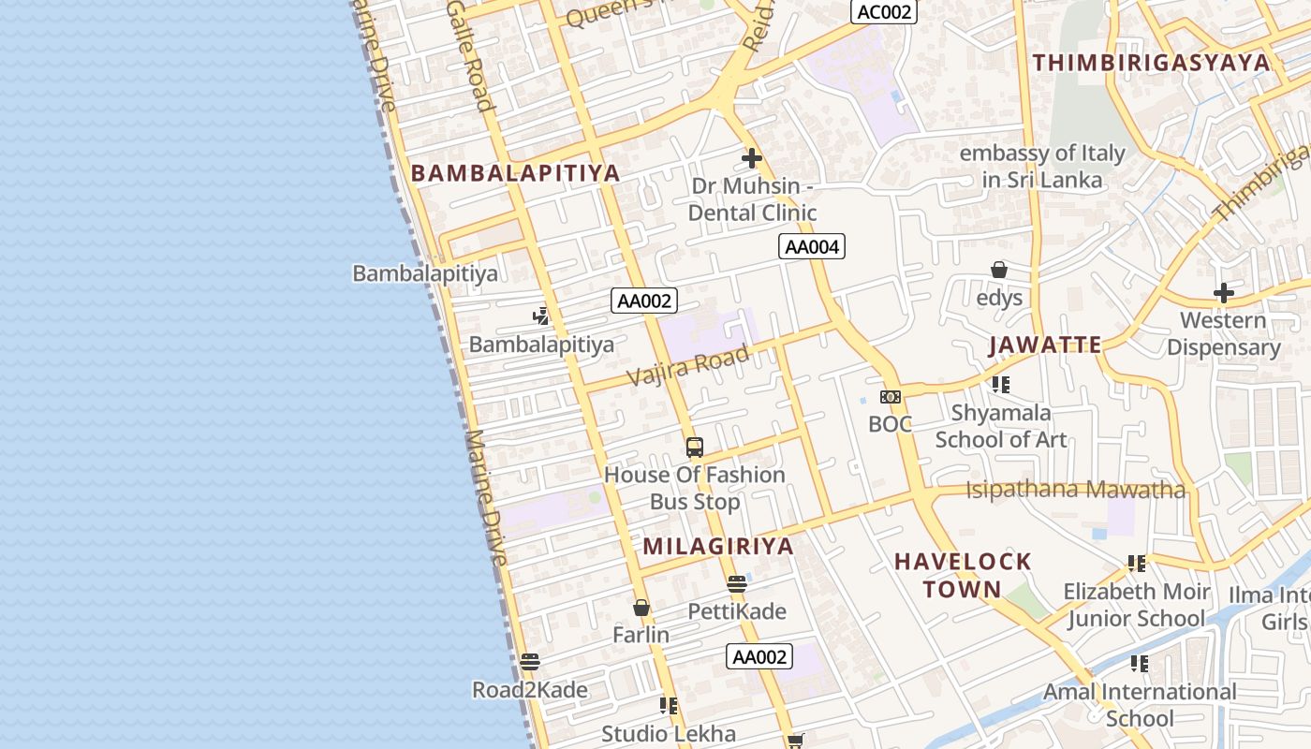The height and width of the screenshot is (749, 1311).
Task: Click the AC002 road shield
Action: [x=883, y=11]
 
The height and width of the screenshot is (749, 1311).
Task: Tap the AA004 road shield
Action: [x=811, y=247]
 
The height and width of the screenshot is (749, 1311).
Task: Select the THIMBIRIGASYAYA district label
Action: [x=1151, y=63]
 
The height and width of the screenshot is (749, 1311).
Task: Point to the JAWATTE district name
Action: [x=1045, y=345]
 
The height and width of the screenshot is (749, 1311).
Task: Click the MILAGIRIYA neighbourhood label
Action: [x=718, y=547]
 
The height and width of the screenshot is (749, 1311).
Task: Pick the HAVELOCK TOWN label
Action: [x=963, y=575]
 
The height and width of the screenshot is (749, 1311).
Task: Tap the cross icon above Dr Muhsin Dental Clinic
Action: [x=751, y=158]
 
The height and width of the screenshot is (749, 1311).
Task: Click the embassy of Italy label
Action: [x=1042, y=166]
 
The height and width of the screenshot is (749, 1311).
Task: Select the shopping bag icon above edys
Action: [x=999, y=271]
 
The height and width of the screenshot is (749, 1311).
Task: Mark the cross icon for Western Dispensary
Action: [x=1223, y=293]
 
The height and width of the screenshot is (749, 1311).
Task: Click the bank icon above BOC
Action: [x=890, y=397]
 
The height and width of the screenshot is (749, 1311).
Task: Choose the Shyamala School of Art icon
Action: [x=1000, y=385]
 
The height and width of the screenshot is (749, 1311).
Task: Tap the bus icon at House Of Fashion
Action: [x=694, y=448]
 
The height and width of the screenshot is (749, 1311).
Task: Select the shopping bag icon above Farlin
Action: [x=641, y=609]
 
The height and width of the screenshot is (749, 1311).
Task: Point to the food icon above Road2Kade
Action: [x=529, y=663]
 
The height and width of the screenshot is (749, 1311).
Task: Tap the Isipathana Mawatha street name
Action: [x=1075, y=490]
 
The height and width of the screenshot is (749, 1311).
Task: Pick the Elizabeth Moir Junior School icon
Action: [x=1137, y=564]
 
